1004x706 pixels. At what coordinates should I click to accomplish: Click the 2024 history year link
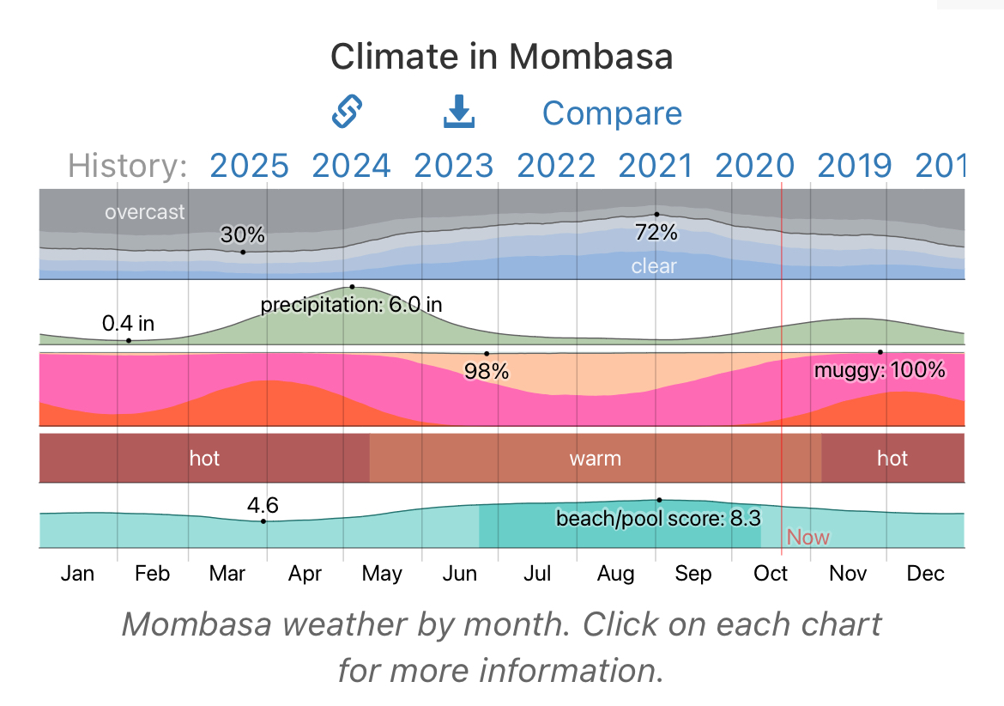[x=352, y=165]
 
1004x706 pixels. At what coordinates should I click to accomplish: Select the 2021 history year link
[x=656, y=165]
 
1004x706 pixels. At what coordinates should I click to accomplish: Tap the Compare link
[x=612, y=113]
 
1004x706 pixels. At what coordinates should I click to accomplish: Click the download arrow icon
[x=459, y=113]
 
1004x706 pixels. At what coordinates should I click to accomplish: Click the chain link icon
[x=348, y=112]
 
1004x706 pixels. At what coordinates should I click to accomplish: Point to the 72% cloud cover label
[x=656, y=232]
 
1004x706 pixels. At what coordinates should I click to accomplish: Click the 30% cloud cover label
[x=243, y=235]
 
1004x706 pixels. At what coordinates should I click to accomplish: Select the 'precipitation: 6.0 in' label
[x=351, y=305]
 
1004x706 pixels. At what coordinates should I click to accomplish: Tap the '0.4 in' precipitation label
[x=128, y=324]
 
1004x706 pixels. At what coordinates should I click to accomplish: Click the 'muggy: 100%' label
[x=880, y=370]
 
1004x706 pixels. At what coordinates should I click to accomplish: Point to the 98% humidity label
[x=487, y=372]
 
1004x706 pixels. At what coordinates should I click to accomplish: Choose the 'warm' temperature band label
[x=595, y=458]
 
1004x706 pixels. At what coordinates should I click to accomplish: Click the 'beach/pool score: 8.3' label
[x=657, y=519]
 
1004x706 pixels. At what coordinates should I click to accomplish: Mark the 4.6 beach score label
[x=263, y=505]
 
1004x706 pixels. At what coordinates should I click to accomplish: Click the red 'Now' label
[x=808, y=538]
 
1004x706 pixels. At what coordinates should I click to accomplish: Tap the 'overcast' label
[x=144, y=211]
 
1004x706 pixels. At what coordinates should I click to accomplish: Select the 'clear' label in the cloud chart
[x=654, y=266]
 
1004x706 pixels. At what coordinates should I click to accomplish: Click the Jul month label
[x=537, y=574]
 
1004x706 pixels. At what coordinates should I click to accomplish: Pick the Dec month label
[x=925, y=574]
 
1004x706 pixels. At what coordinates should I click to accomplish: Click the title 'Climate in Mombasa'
[x=502, y=57]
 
